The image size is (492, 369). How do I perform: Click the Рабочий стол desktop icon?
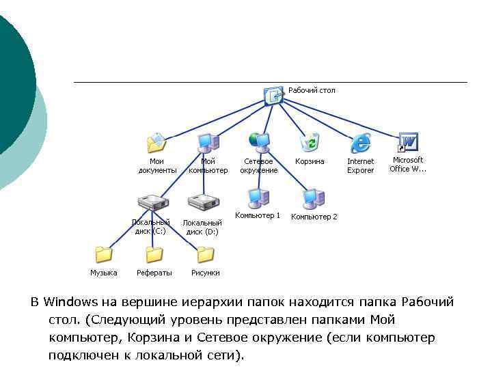click(273, 95)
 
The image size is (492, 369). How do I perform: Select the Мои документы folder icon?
click(157, 143)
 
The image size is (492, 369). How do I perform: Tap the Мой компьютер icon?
click(207, 142)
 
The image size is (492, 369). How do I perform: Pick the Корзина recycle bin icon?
click(310, 142)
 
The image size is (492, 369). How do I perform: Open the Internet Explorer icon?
click(360, 143)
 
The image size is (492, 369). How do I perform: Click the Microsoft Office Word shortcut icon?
click(407, 142)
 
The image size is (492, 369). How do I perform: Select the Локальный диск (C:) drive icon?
click(152, 203)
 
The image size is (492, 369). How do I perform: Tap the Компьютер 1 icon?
click(258, 198)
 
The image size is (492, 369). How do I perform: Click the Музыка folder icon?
click(104, 255)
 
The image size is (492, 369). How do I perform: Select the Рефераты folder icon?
click(154, 255)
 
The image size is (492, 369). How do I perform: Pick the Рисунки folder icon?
click(205, 255)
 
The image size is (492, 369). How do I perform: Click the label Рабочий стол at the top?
click(312, 90)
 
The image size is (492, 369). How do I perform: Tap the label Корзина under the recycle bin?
click(310, 161)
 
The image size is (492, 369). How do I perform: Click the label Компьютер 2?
click(314, 217)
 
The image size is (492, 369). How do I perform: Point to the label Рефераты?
click(154, 273)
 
